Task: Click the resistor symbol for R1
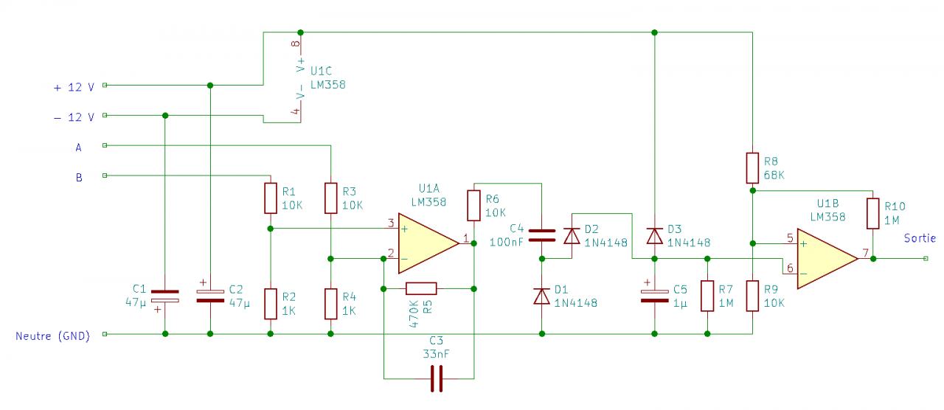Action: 271,198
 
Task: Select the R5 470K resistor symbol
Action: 421,288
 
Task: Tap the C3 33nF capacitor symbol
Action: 437,379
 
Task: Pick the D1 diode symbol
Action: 542,296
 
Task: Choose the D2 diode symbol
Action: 572,236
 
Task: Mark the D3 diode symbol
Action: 654,236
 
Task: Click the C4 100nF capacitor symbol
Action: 542,235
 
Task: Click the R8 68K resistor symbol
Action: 752,168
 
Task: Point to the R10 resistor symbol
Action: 872,213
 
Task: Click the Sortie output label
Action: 920,238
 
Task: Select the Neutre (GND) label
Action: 52,336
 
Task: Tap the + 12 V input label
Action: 74,86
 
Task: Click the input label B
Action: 78,177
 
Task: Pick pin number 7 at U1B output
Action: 864,252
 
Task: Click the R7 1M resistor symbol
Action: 707,296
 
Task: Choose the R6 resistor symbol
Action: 474,206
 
